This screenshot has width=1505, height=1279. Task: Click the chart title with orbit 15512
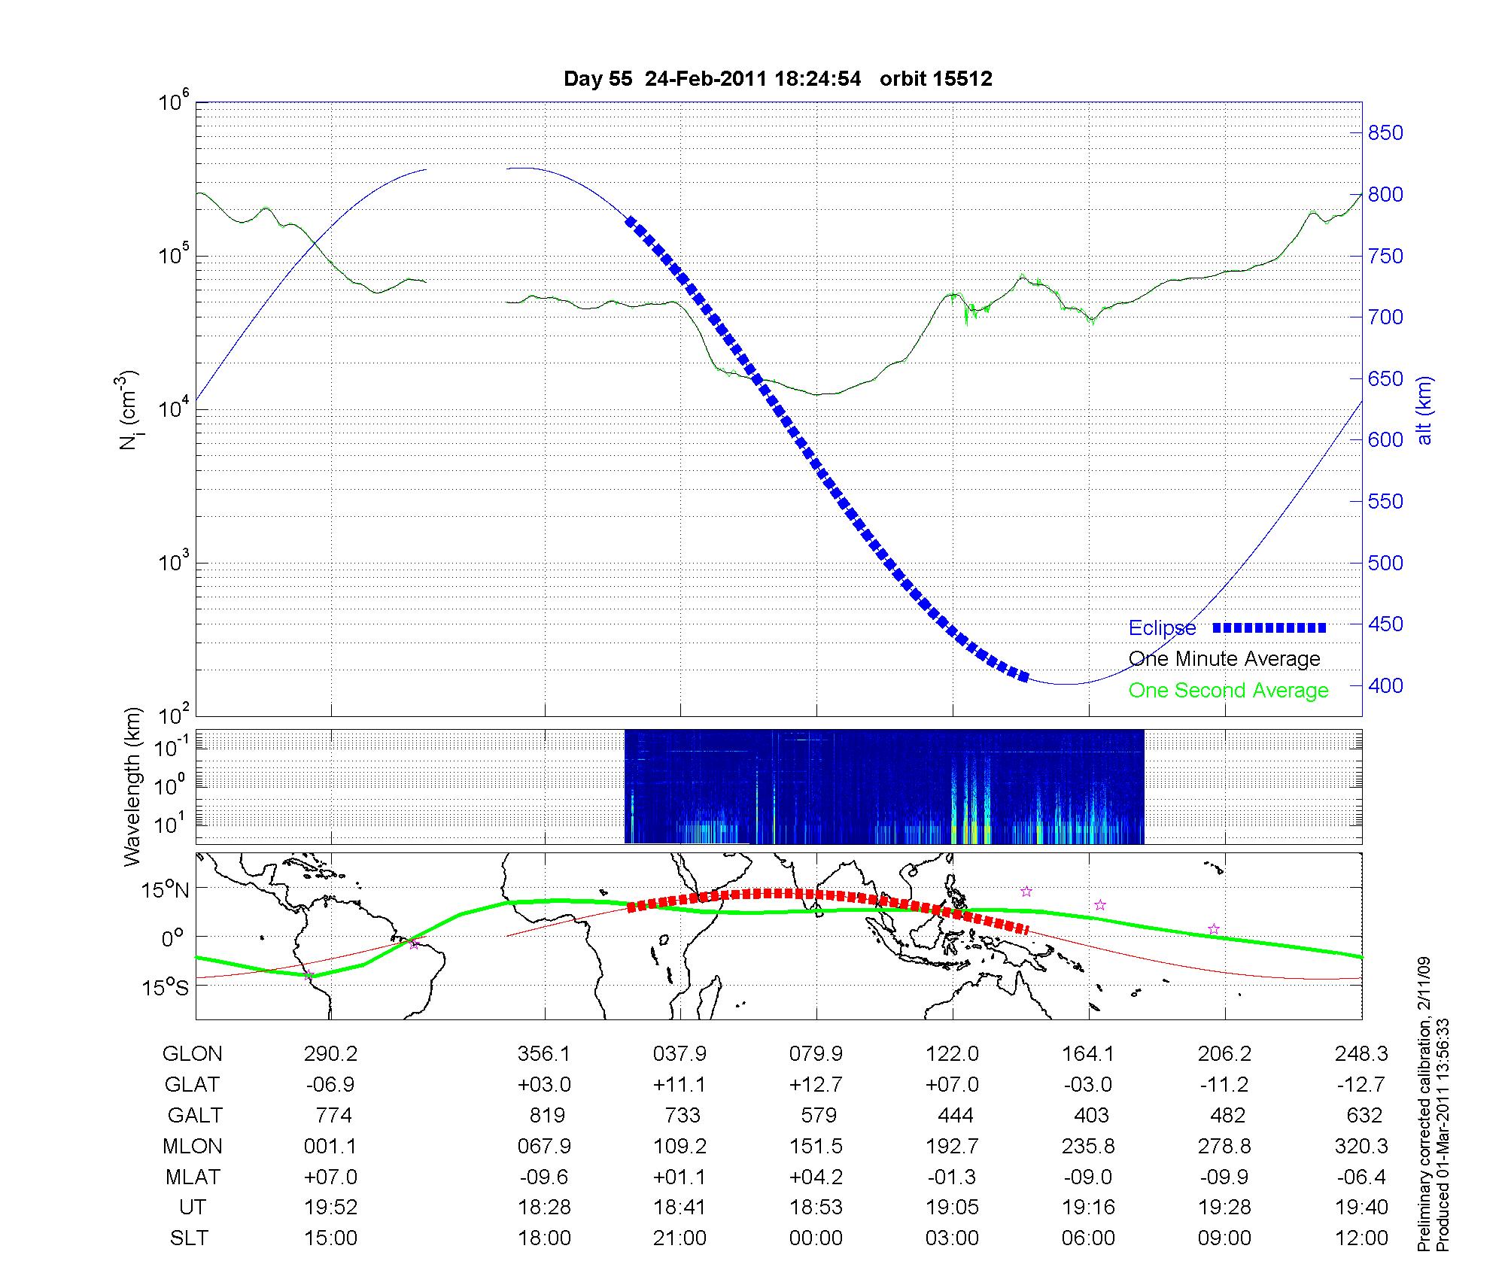tap(777, 79)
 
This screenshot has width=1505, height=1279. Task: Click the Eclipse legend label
tap(1162, 627)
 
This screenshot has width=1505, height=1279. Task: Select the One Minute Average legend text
tap(1224, 659)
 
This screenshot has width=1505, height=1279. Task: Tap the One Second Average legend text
tap(1228, 691)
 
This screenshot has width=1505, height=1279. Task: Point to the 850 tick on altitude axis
tap(1385, 133)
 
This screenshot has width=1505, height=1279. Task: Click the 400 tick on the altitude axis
tap(1385, 685)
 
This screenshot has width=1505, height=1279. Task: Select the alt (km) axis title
tap(1424, 410)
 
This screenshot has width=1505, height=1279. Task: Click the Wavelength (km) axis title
tap(133, 786)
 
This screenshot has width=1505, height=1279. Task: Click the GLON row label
tap(192, 1054)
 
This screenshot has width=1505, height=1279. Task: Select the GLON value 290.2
tap(330, 1054)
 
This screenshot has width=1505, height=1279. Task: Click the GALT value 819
tap(547, 1115)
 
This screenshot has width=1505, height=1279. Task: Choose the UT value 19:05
tap(953, 1208)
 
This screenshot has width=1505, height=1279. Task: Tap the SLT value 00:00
tap(816, 1238)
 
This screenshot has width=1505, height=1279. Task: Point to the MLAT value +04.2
tap(816, 1177)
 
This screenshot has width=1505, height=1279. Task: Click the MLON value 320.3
tap(1361, 1146)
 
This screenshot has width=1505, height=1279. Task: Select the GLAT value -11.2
tap(1224, 1085)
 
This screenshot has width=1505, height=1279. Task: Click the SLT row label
tap(189, 1238)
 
